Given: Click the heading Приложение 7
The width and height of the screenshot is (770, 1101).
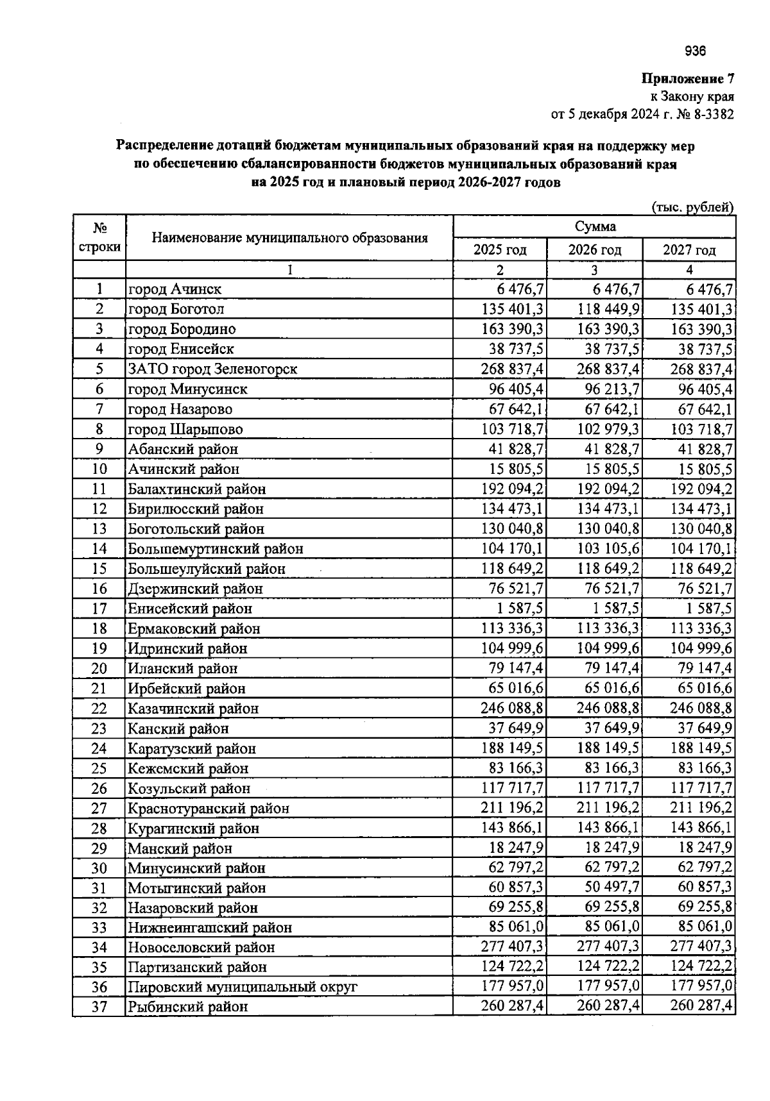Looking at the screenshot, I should tap(688, 79).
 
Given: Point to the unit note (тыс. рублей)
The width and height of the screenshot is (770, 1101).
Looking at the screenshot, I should tap(692, 207).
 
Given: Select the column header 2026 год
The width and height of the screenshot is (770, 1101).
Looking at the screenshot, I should tap(595, 250).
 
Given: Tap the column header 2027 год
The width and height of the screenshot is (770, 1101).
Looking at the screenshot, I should tap(689, 250).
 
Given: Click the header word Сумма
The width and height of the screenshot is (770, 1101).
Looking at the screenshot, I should tap(595, 226).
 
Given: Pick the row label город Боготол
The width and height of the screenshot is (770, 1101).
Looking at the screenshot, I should tap(176, 309).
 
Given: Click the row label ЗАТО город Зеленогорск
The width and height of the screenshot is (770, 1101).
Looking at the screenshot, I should tap(212, 369).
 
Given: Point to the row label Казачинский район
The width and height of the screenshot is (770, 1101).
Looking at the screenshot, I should tap(193, 709).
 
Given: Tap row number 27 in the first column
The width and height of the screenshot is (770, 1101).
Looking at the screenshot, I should tap(99, 809).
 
